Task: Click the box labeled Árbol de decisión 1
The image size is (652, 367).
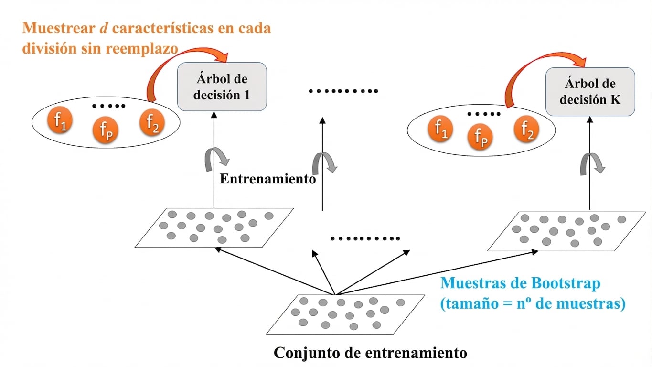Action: tap(222, 86)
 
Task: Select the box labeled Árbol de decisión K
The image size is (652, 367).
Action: tap(590, 92)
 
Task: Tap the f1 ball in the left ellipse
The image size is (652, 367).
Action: tap(60, 120)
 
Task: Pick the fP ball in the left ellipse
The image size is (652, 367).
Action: tap(106, 130)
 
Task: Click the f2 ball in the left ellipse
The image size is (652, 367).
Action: tap(152, 123)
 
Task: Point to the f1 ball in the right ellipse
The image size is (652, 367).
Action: tap(440, 129)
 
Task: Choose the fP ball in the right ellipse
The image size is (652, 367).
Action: tap(480, 137)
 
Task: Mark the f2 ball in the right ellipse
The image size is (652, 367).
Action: tap(526, 129)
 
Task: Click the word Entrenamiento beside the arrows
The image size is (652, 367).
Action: tap(268, 179)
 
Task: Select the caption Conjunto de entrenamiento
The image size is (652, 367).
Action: tap(371, 353)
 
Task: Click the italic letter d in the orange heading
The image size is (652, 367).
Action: tap(104, 28)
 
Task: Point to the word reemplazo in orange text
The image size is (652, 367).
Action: tap(142, 49)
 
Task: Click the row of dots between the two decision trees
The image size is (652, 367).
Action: tap(343, 91)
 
